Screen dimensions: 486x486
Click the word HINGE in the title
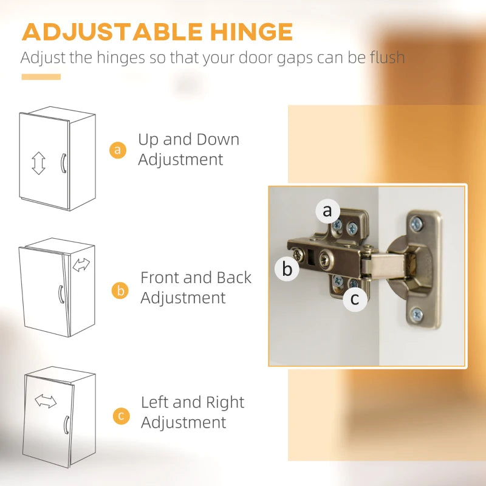(x=251, y=32)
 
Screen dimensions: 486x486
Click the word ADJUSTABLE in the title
(x=112, y=32)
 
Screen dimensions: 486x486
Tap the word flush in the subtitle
(x=387, y=57)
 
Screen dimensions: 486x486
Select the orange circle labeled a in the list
(x=118, y=150)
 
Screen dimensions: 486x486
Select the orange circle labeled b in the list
(x=120, y=290)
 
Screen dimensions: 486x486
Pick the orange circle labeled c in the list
(x=122, y=416)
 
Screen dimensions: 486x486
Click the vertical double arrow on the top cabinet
(x=38, y=163)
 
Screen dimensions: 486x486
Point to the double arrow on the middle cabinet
(x=81, y=265)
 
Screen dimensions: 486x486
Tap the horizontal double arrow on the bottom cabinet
(x=46, y=401)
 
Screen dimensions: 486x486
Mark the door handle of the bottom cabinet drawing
(x=66, y=425)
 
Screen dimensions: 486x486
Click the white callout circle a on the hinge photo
(x=327, y=211)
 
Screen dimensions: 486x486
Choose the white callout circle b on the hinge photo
(x=287, y=269)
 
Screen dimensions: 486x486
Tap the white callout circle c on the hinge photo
(x=355, y=299)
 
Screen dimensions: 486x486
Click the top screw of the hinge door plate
(x=417, y=224)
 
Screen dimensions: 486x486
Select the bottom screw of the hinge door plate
(x=417, y=315)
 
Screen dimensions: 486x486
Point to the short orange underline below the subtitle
(x=41, y=77)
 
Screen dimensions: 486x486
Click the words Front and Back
(x=196, y=278)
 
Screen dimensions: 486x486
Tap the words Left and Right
(x=193, y=402)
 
